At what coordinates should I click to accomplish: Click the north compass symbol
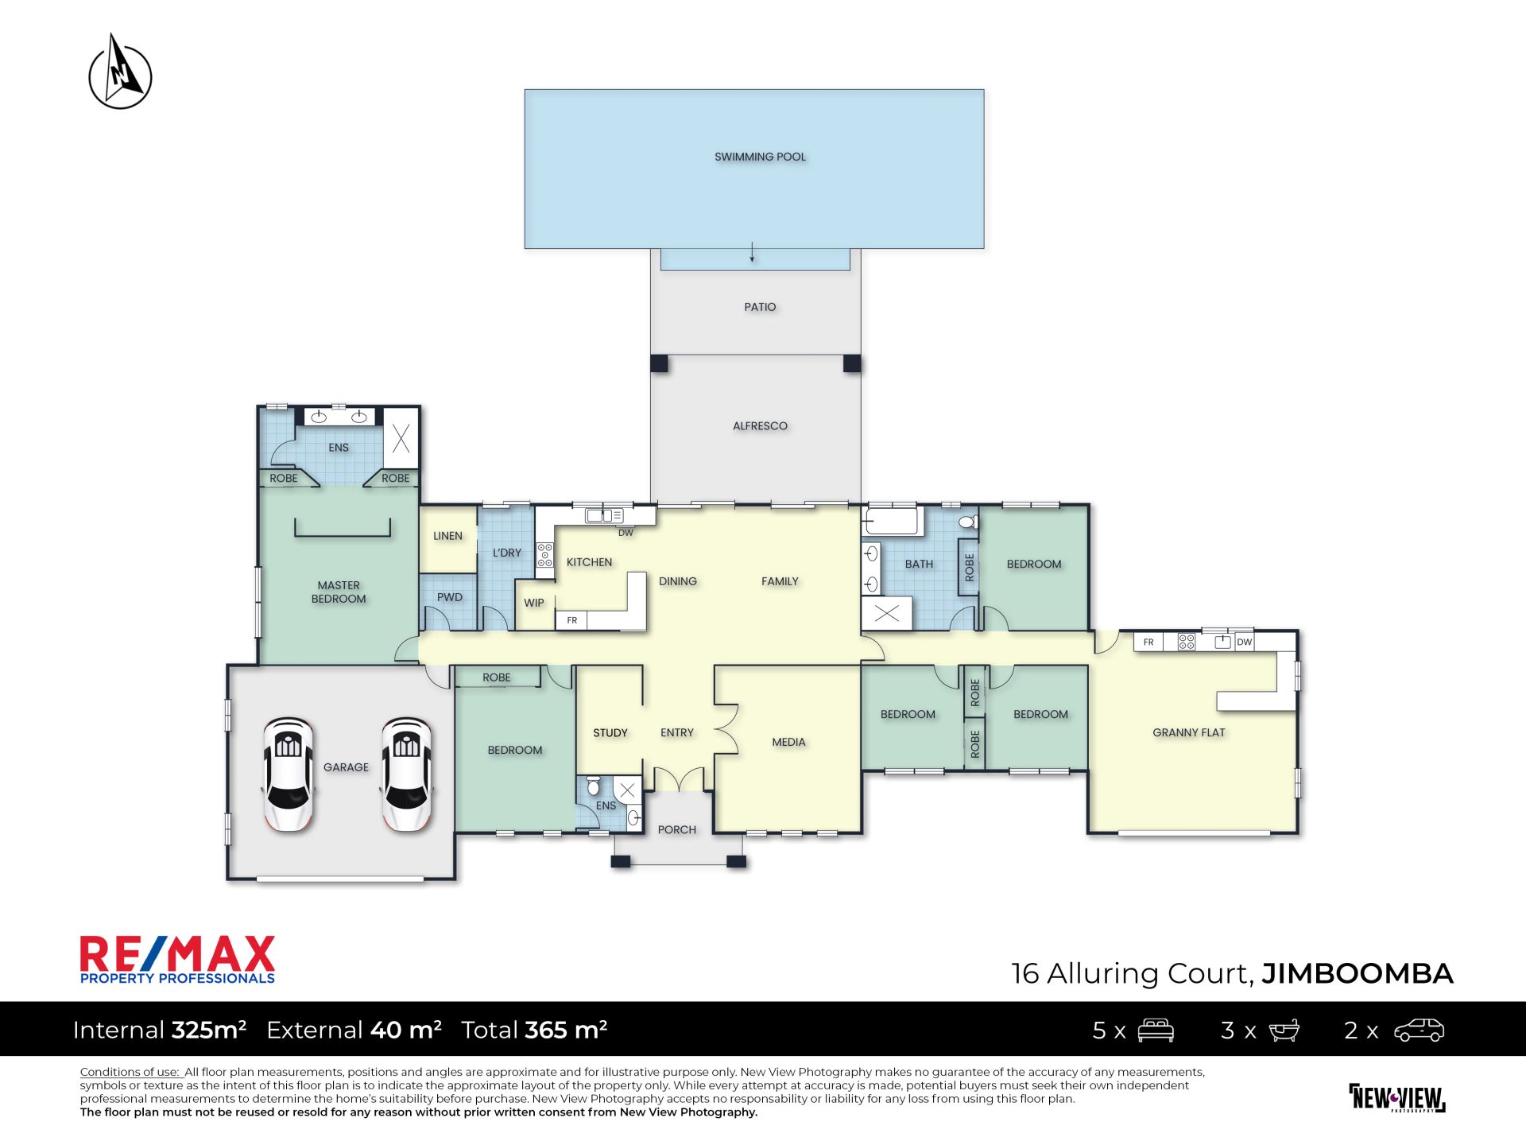120,72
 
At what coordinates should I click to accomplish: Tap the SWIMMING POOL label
760,157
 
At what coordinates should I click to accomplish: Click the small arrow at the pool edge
752,252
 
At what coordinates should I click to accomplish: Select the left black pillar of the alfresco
659,363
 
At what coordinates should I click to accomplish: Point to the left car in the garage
288,774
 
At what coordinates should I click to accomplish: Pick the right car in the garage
406,774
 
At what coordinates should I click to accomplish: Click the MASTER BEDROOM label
339,592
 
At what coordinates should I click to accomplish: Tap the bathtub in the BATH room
892,522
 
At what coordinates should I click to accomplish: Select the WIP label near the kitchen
534,603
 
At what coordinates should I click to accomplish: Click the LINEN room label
447,536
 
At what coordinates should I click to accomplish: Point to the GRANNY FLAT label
1188,732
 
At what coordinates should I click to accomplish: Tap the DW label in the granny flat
1245,642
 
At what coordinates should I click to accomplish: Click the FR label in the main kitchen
572,620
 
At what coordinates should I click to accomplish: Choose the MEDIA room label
788,742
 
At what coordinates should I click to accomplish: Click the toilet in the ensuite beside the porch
593,786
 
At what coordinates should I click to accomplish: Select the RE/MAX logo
177,960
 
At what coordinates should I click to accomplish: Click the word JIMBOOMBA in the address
1358,973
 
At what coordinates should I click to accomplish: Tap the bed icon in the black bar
1156,1030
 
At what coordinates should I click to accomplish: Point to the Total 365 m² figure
534,1030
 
